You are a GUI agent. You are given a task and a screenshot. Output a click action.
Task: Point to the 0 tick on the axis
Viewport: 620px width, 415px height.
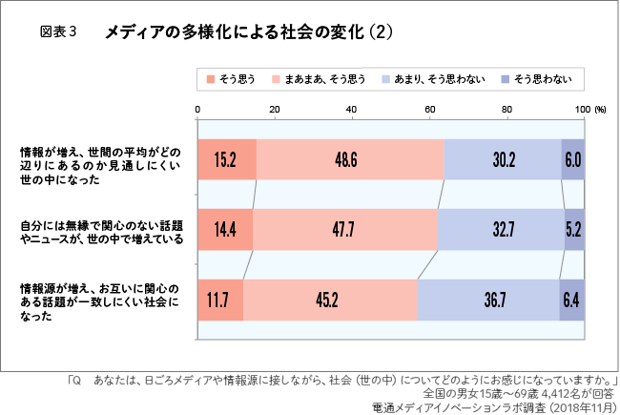[x=197, y=110]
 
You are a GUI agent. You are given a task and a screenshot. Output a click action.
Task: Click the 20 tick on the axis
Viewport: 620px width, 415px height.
[x=275, y=110]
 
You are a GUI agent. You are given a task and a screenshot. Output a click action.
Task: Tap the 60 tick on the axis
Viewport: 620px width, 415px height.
[x=429, y=110]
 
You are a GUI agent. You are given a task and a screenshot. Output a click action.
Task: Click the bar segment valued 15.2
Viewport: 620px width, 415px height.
[x=226, y=159]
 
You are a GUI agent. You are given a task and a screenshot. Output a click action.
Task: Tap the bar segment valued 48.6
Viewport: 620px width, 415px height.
[x=349, y=159]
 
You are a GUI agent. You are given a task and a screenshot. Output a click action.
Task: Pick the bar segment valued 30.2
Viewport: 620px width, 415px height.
[x=503, y=159]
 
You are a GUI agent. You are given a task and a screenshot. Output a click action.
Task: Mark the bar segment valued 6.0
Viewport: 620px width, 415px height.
[x=573, y=159]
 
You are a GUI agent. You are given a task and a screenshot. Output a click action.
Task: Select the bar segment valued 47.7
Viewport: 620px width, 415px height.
[x=345, y=230]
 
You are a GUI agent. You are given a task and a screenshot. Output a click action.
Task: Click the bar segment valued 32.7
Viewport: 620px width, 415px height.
[x=501, y=230]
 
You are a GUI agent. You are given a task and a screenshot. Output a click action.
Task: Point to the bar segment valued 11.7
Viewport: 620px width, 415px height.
[x=219, y=300]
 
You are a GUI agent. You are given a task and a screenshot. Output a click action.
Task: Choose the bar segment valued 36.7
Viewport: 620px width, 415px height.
[x=488, y=300]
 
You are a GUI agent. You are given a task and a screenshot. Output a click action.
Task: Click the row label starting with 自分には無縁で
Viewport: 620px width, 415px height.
[x=102, y=232]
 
